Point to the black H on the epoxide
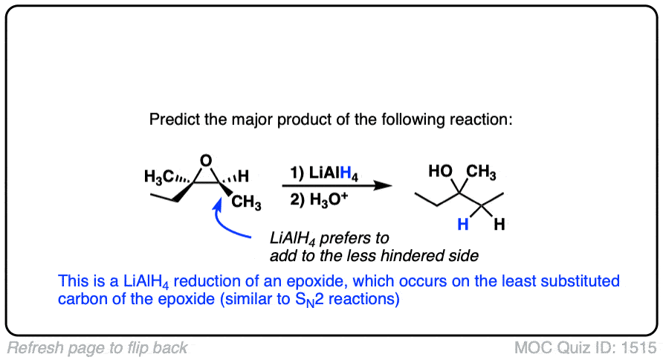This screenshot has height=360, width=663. coord(242,177)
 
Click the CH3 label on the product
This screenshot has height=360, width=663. coord(482,173)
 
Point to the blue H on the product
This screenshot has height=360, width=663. coord(462,223)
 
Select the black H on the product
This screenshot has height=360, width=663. coord(499,223)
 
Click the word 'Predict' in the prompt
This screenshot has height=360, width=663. coord(171,120)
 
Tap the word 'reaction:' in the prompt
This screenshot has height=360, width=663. coord(484,120)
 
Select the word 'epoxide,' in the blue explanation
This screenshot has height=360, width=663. coord(316,283)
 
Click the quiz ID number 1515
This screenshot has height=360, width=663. coord(642,347)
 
